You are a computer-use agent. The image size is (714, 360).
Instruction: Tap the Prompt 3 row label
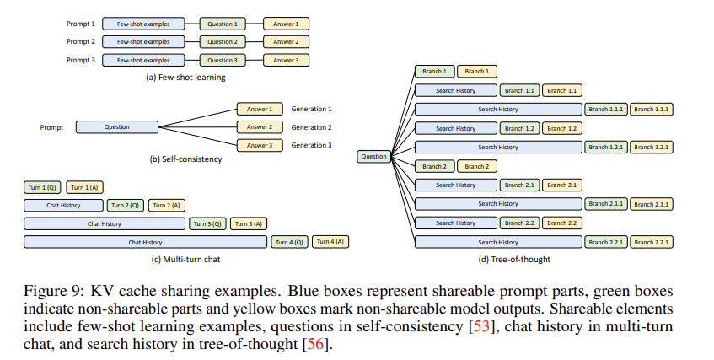click(x=80, y=60)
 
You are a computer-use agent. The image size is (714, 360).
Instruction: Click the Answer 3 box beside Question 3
click(x=286, y=60)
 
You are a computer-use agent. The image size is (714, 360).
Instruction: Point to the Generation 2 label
click(x=311, y=127)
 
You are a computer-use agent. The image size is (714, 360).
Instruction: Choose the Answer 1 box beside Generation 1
click(x=260, y=109)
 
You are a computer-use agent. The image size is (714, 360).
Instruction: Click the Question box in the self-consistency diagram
click(x=117, y=127)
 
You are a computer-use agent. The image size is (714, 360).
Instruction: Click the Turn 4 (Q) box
click(x=289, y=242)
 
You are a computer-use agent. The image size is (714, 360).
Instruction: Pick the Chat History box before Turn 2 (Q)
click(x=64, y=205)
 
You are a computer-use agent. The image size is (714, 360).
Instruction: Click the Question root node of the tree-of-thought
click(x=373, y=156)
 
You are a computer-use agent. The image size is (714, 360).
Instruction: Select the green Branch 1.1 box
click(x=518, y=90)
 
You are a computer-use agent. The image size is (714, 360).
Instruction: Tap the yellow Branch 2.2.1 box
click(x=652, y=242)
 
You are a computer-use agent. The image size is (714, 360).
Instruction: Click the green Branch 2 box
click(x=433, y=166)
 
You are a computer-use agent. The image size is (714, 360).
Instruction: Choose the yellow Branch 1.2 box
click(x=561, y=128)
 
